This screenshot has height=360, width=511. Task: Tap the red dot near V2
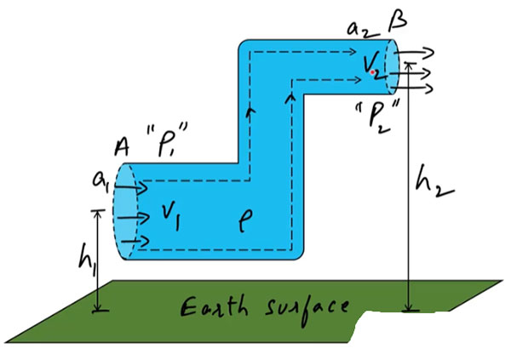[x=374, y=73]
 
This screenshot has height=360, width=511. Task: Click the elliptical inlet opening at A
[x=124, y=213]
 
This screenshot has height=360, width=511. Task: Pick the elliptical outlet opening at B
[x=393, y=67]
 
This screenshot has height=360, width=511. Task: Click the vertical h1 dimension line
[x=100, y=260]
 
